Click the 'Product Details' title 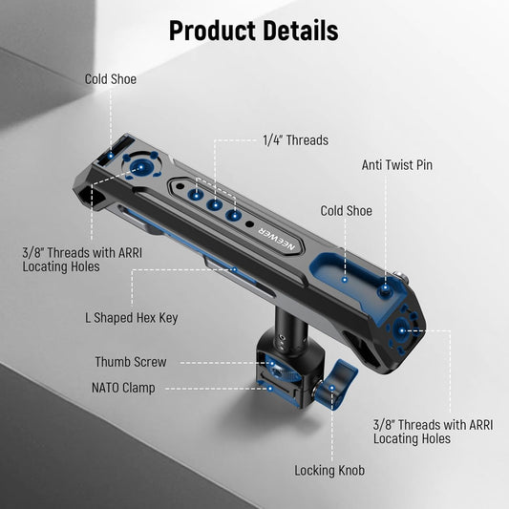(x=253, y=31)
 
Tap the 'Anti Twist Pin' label (x=397, y=165)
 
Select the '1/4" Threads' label (x=295, y=140)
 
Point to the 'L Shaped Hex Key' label (x=132, y=318)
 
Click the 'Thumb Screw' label (x=131, y=362)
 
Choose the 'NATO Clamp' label (x=123, y=388)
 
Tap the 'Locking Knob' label (x=329, y=471)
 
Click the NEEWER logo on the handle (x=277, y=239)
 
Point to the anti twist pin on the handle (x=385, y=288)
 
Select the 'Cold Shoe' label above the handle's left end (x=111, y=79)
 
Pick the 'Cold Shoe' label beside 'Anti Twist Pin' (x=346, y=211)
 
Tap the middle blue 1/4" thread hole (x=215, y=204)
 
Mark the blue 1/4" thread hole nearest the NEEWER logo (x=234, y=215)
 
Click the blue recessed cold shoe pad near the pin (x=344, y=272)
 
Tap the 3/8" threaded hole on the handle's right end (x=402, y=330)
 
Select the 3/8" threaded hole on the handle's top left (x=141, y=167)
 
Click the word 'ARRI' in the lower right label (x=480, y=425)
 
